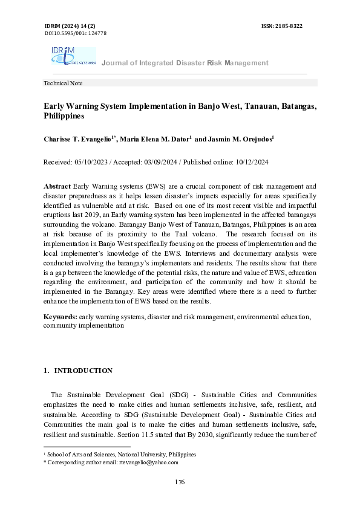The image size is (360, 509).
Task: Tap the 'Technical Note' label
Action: (x=63, y=83)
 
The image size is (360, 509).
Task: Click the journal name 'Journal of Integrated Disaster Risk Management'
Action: (x=185, y=63)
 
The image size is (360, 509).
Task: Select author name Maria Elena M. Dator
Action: (x=155, y=139)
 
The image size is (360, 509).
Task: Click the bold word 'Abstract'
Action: (x=57, y=187)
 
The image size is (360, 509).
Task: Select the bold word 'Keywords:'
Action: (x=59, y=317)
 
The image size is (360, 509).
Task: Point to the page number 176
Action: (x=180, y=482)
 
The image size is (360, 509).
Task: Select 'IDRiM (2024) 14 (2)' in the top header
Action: (x=70, y=27)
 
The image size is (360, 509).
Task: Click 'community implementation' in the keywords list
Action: (x=83, y=325)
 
